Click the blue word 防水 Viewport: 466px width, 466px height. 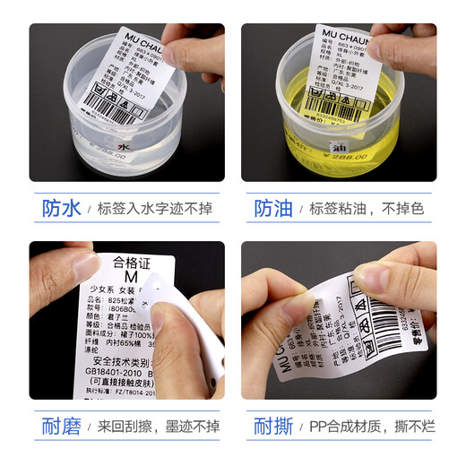pos(61,209)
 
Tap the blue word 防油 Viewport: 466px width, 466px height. pos(273,209)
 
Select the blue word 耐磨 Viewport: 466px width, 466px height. pos(61,426)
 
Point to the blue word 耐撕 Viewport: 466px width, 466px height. pos(273,426)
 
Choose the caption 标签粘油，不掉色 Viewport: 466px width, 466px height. pos(366,209)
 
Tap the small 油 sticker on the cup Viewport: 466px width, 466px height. pos(314,144)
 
